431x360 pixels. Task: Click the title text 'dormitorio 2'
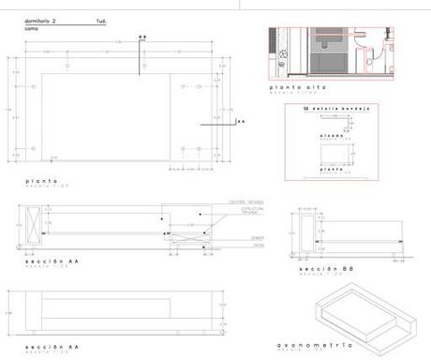40,19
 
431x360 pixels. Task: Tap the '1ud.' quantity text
101,19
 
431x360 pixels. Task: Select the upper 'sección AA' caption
46,260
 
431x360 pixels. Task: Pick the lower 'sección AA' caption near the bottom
46,347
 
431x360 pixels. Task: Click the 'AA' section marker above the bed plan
142,37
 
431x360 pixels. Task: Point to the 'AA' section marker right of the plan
240,121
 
